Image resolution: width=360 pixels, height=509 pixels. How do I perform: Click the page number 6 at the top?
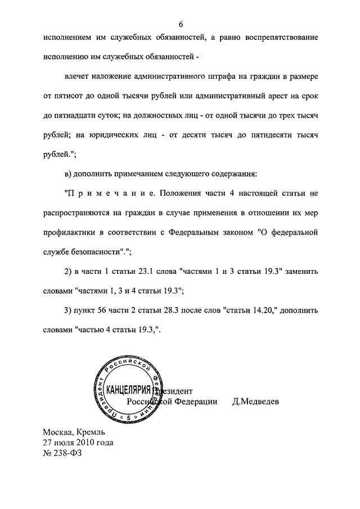pos(181,24)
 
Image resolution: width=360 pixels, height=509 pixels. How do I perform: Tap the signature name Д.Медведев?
pos(255,402)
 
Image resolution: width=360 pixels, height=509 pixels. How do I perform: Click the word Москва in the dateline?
pos(58,433)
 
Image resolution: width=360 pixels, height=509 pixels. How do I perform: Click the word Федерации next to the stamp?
pos(189,402)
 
